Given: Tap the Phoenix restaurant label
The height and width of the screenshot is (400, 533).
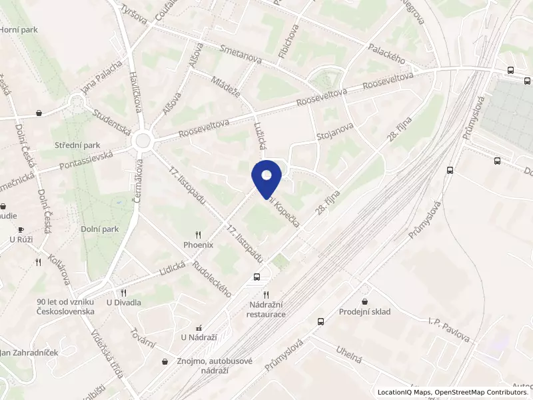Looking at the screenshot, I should pyautogui.click(x=199, y=245).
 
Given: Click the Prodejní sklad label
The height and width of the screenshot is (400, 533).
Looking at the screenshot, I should pyautogui.click(x=364, y=311).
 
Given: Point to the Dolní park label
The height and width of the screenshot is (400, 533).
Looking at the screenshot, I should pyautogui.click(x=101, y=229).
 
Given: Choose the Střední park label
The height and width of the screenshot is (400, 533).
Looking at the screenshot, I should pyautogui.click(x=77, y=145).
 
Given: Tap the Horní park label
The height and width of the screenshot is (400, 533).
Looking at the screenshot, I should pyautogui.click(x=18, y=29).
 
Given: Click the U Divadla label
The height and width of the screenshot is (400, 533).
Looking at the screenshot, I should pyautogui.click(x=124, y=303).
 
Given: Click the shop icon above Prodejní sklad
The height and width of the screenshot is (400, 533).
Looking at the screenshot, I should pyautogui.click(x=364, y=301).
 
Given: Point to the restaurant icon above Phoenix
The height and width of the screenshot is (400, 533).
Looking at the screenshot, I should pyautogui.click(x=199, y=235).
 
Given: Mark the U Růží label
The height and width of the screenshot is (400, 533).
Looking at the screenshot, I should pyautogui.click(x=21, y=239).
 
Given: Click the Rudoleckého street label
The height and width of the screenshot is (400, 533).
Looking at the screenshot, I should pyautogui.click(x=211, y=277).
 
